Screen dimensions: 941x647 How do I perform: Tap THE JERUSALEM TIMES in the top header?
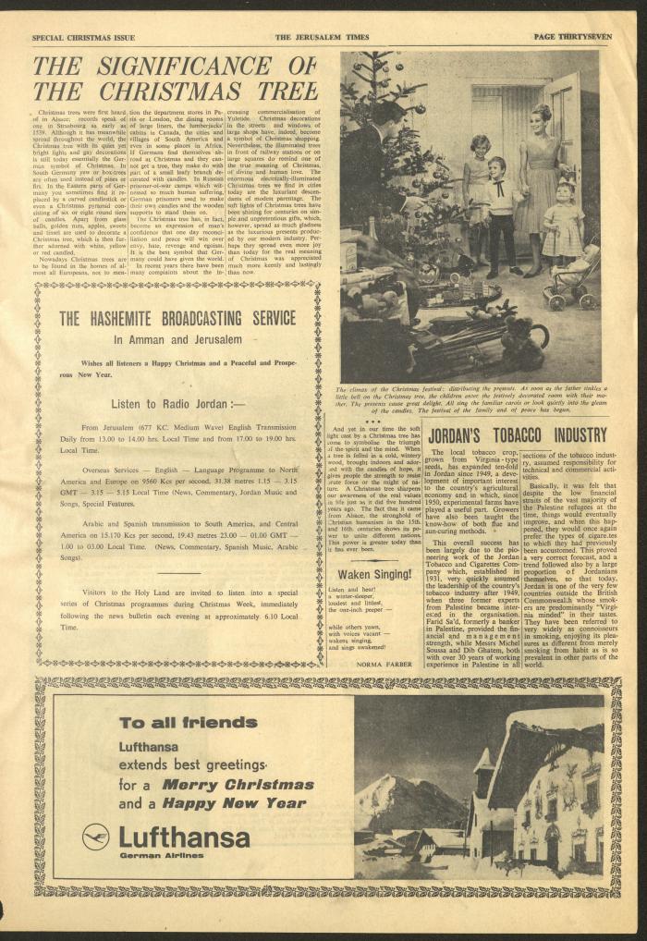(x=321, y=37)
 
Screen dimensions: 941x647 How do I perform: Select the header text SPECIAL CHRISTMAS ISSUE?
(x=83, y=37)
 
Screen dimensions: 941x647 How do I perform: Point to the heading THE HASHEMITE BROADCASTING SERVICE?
(x=177, y=319)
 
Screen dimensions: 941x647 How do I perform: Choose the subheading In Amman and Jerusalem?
(x=177, y=339)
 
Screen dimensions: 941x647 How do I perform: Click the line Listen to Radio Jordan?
(x=177, y=404)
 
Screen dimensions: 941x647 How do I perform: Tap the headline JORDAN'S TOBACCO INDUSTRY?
(x=515, y=434)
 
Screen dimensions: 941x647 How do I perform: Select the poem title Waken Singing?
(x=368, y=573)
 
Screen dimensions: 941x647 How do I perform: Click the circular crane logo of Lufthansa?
(x=95, y=837)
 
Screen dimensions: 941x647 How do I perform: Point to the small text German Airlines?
(x=152, y=855)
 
